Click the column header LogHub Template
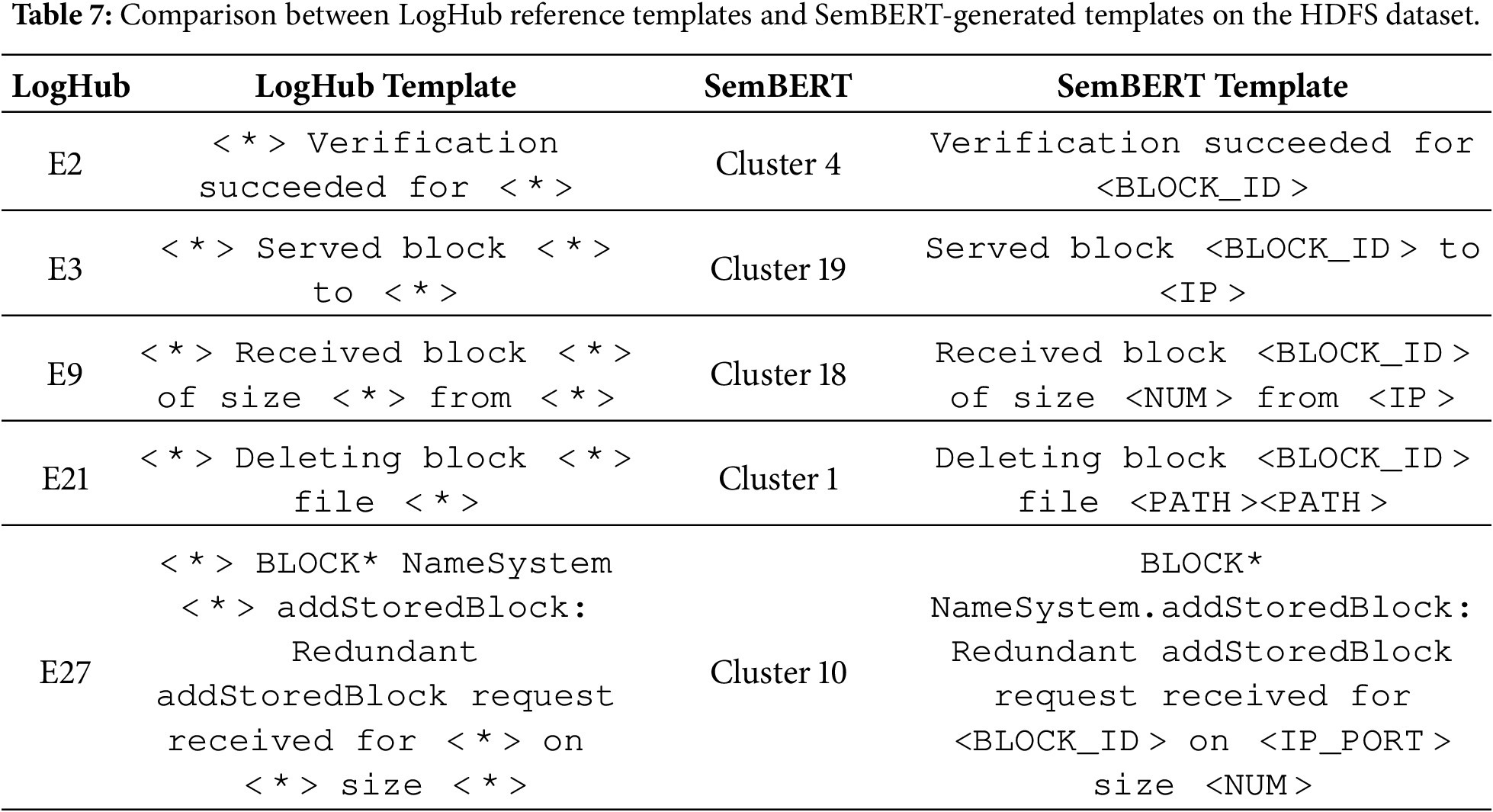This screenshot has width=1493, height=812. point(385,86)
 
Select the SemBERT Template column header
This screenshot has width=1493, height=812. point(1202,86)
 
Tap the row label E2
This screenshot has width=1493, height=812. point(65,164)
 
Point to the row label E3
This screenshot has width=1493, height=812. point(65,269)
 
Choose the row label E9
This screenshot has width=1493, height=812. point(65,374)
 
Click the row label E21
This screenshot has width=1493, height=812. point(65,479)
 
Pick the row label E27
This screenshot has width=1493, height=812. point(65,672)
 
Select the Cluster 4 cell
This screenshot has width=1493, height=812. point(778,164)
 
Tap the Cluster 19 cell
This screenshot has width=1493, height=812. point(778,269)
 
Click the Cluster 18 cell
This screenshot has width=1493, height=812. point(778,374)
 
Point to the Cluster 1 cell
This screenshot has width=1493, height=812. point(778,479)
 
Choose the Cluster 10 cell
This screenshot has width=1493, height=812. point(778,672)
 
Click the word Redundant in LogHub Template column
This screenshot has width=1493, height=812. point(384,653)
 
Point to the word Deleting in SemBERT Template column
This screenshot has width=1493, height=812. point(1018,459)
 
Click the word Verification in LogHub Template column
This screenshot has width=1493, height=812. point(432,144)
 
